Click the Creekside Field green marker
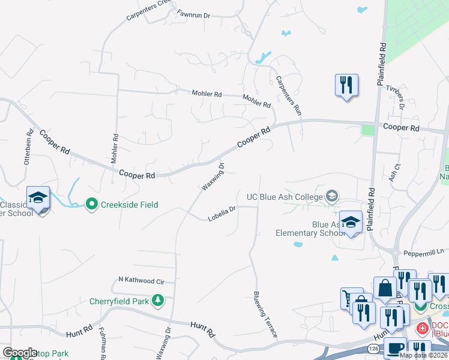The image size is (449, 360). click(x=92, y=205)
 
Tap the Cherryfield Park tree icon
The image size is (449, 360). click(x=158, y=299)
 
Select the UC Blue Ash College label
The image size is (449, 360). click(x=285, y=196)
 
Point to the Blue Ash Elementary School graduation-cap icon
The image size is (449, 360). click(x=351, y=221)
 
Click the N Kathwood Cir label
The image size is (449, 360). click(x=141, y=280)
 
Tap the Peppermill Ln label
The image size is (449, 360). click(x=423, y=252)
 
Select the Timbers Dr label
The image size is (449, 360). click(x=399, y=97)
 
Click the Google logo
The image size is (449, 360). click(x=20, y=353)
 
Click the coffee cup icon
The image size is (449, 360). click(x=394, y=349)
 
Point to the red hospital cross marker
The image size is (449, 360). click(x=422, y=328)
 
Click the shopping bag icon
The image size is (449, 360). click(x=384, y=288)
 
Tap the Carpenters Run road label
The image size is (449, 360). click(x=288, y=95)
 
